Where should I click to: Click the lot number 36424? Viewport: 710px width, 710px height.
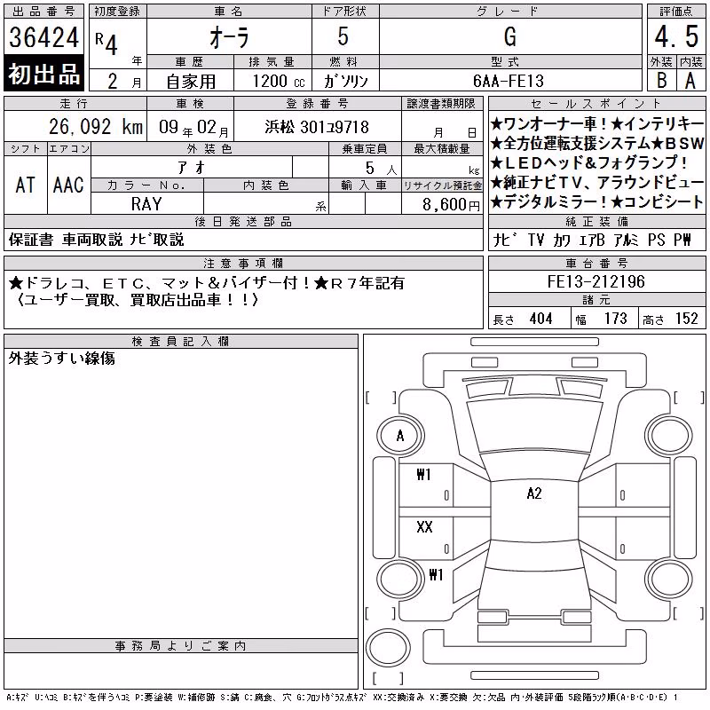pyautogui.click(x=43, y=36)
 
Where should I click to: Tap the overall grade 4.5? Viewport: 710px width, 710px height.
pyautogui.click(x=676, y=36)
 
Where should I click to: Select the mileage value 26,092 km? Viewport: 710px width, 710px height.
pyautogui.click(x=96, y=127)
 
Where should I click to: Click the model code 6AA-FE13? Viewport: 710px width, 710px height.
pyautogui.click(x=508, y=81)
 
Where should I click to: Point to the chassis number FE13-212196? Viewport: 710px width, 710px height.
pyautogui.click(x=596, y=281)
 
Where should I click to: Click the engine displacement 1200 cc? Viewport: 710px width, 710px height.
pyautogui.click(x=279, y=81)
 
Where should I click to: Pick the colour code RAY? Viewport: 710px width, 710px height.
pyautogui.click(x=146, y=204)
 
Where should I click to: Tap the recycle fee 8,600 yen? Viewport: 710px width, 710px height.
pyautogui.click(x=451, y=205)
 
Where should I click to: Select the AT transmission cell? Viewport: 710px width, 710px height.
pyautogui.click(x=26, y=185)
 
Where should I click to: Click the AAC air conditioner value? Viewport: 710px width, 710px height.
pyautogui.click(x=68, y=185)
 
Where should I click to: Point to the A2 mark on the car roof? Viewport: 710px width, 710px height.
pyautogui.click(x=534, y=493)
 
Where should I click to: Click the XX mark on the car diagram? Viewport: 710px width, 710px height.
pyautogui.click(x=424, y=526)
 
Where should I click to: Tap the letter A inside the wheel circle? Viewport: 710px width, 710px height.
pyautogui.click(x=400, y=436)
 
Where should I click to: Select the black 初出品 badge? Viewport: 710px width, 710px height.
pyautogui.click(x=43, y=74)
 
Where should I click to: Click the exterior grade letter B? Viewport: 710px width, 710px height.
pyautogui.click(x=661, y=81)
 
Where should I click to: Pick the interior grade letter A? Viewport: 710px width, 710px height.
pyautogui.click(x=690, y=81)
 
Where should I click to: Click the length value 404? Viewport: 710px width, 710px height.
pyautogui.click(x=540, y=319)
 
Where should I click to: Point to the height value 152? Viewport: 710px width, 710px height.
pyautogui.click(x=686, y=319)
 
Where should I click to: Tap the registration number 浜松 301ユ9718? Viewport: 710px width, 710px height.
pyautogui.click(x=317, y=127)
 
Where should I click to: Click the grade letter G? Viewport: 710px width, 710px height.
pyautogui.click(x=509, y=36)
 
